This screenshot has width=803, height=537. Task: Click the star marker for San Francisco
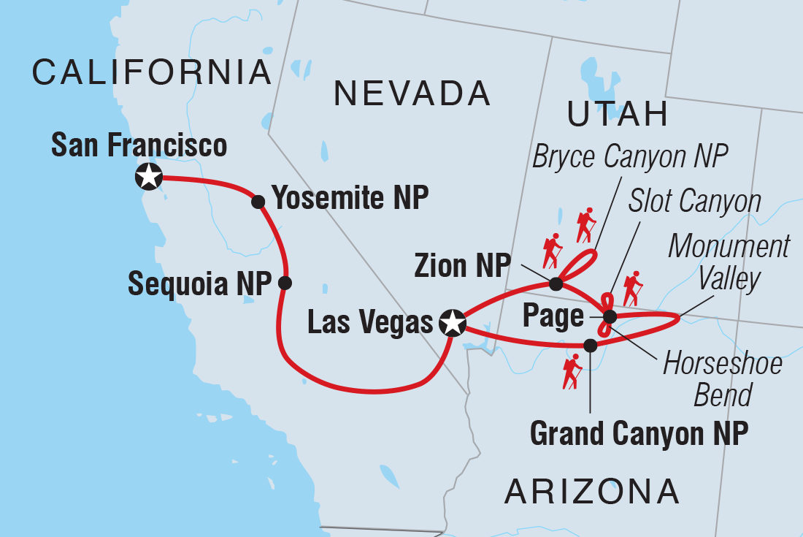click(x=149, y=176)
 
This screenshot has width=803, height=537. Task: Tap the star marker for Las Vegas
click(x=453, y=321)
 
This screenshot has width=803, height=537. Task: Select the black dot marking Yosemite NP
click(x=258, y=202)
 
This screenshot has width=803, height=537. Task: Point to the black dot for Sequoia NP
click(x=285, y=283)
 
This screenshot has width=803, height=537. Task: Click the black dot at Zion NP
click(x=555, y=283)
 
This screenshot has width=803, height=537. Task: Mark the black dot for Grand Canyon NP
click(x=591, y=345)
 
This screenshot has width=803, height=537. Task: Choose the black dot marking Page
click(x=610, y=317)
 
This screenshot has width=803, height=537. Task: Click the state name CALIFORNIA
click(x=152, y=72)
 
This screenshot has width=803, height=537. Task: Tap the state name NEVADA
click(x=412, y=94)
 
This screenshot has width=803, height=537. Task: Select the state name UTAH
click(x=618, y=115)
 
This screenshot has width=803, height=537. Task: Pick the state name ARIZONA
click(x=592, y=492)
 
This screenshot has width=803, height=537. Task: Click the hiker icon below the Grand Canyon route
click(x=572, y=371)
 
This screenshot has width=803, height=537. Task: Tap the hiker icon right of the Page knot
click(x=632, y=289)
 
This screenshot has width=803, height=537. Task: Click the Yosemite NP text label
click(x=349, y=198)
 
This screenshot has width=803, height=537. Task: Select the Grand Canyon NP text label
click(x=639, y=434)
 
